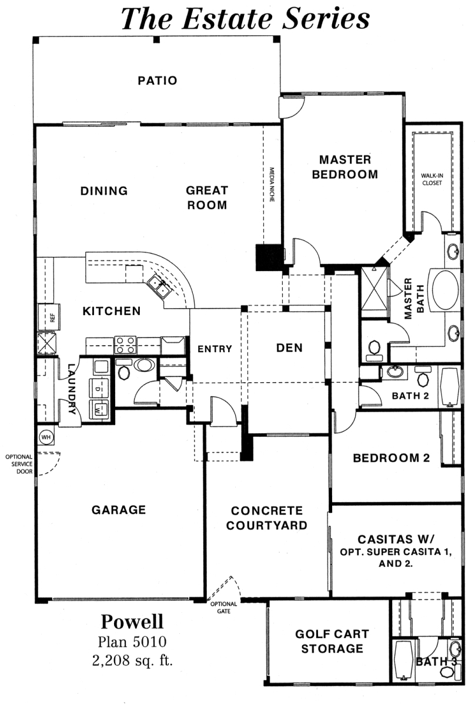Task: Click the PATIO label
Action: (158, 81)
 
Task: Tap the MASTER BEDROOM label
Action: (345, 167)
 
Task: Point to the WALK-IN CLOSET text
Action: (432, 179)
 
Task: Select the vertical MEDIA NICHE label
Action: (272, 185)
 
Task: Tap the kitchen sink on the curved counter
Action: (159, 286)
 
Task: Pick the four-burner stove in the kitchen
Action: (125, 345)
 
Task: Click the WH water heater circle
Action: (46, 436)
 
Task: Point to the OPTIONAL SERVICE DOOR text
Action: (19, 464)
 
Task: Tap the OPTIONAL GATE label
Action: (224, 607)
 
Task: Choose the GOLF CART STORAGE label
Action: (332, 641)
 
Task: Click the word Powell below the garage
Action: (132, 622)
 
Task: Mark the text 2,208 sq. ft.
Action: (133, 660)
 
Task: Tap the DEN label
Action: (289, 348)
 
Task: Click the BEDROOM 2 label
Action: (392, 458)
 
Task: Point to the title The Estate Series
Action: (245, 18)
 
